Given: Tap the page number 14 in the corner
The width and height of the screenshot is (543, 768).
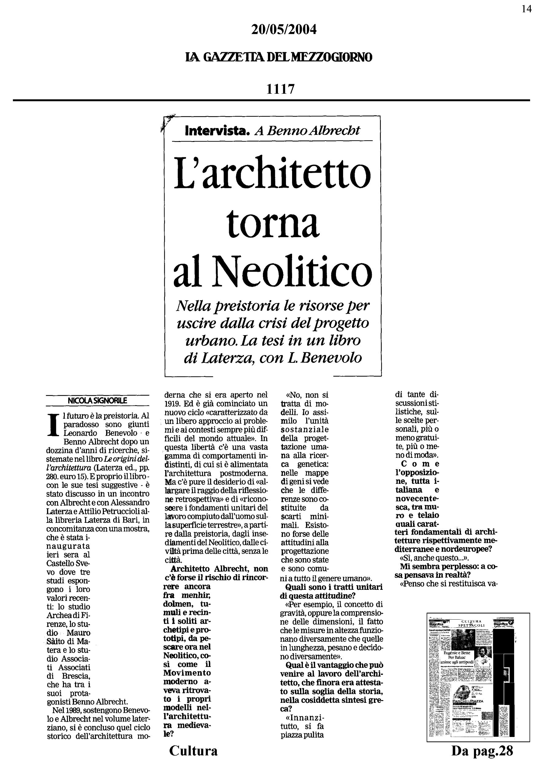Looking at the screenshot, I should coord(526,9).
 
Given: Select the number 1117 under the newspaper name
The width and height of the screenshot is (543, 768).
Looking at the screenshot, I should coord(280,89).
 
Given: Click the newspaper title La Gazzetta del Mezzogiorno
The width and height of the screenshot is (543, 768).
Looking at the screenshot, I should coord(279,57).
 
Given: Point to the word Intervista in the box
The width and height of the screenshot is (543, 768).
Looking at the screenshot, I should coord(217,131).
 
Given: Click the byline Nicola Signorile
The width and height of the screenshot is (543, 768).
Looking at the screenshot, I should coord(97,400).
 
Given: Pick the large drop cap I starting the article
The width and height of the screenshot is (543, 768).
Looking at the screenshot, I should coord(52,425).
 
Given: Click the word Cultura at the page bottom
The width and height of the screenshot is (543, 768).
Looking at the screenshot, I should coord(193,750).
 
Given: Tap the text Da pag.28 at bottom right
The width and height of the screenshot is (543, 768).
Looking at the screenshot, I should coord(482,750).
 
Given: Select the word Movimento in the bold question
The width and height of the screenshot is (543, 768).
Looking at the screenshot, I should coord(187,672).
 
